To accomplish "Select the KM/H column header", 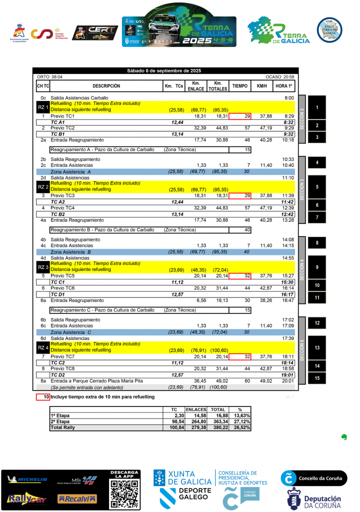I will (x=261, y=86).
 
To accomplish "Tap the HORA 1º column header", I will (x=284, y=86).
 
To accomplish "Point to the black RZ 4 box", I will (x=42, y=347).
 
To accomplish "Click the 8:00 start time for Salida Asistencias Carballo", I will (x=288, y=98).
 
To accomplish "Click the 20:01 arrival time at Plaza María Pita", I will (x=288, y=381).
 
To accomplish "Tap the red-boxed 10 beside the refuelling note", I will (x=43, y=397).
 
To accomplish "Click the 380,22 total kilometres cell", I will (x=217, y=427).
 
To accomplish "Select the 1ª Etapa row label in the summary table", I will (x=60, y=415).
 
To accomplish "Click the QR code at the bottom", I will (x=124, y=492).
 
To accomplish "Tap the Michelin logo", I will (x=27, y=480).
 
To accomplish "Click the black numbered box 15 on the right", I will (x=317, y=378).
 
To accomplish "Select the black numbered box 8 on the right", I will (x=317, y=243).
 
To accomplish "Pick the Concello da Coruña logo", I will (x=313, y=478).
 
